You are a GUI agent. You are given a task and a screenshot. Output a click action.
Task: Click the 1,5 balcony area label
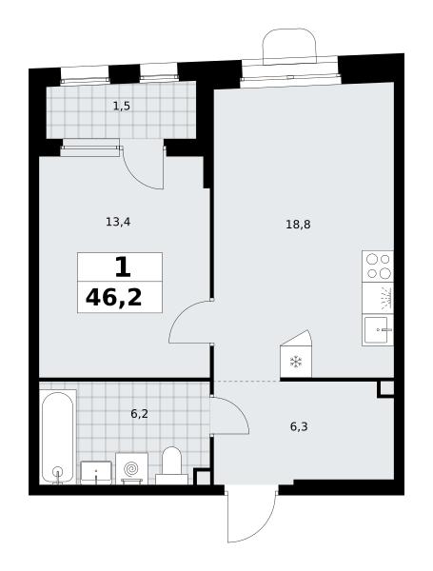(x=122, y=107)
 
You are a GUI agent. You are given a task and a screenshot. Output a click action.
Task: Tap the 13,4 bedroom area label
(x=118, y=222)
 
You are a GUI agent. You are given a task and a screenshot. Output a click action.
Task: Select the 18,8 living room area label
(x=298, y=225)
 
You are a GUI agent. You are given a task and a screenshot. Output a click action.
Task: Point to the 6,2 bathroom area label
(x=139, y=414)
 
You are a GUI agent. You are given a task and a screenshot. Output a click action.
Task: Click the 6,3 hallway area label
(x=299, y=426)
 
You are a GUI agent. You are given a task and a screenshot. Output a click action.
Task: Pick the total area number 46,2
(x=113, y=298)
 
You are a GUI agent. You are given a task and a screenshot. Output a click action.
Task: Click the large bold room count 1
(x=123, y=266)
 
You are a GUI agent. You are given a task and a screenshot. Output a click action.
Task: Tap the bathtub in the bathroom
(x=57, y=437)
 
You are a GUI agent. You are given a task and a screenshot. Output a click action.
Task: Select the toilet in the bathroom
(x=171, y=465)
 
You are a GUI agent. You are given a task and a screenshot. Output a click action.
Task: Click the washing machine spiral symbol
(x=131, y=468)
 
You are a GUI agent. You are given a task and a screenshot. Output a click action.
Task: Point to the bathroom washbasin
(x=96, y=473)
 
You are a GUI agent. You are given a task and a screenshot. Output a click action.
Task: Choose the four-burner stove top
(x=378, y=266)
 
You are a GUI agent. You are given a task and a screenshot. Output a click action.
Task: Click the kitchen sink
(x=378, y=330)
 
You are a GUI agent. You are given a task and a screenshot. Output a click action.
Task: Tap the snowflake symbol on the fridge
(x=296, y=362)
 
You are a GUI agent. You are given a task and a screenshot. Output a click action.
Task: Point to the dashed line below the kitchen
(x=247, y=381)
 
